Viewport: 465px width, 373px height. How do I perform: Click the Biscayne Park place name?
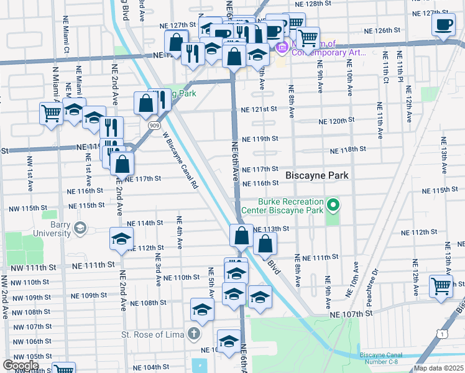[316, 176]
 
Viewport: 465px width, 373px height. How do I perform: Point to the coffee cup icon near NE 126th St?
[443, 25]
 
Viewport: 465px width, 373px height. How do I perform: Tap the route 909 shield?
[154, 125]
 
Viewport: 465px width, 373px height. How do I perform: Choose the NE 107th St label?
[351, 315]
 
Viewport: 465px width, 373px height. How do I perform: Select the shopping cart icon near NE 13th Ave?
[441, 287]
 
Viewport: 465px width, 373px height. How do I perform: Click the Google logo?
[21, 366]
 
